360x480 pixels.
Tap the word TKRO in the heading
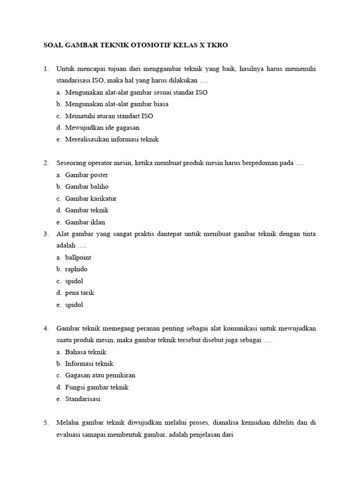[218, 45]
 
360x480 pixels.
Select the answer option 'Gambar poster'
[87, 175]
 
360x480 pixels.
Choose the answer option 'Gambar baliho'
[87, 187]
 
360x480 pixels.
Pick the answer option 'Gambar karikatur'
[90, 198]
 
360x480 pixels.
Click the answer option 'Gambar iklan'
[85, 222]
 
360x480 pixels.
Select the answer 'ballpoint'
[78, 257]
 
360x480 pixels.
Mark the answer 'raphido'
[76, 269]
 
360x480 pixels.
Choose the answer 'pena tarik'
[80, 292]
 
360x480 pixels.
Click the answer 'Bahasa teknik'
[86, 352]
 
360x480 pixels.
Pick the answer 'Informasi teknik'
[90, 363]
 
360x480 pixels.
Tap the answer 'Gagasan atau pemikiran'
[100, 375]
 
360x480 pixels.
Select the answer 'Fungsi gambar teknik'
[97, 387]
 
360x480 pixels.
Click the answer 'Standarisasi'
[83, 399]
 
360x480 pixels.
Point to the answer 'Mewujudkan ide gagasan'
[102, 127]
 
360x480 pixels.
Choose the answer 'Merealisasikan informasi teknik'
[112, 139]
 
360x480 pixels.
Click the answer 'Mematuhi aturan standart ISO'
[109, 116]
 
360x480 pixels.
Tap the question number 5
[46, 422]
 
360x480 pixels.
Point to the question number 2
[46, 163]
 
